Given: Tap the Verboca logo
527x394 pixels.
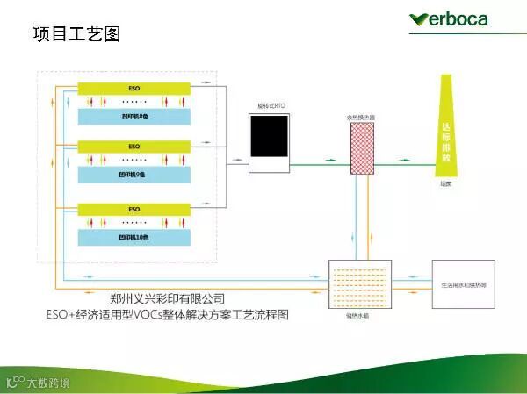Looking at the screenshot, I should tap(450, 18).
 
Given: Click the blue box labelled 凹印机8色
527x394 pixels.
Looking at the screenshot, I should tap(134, 116).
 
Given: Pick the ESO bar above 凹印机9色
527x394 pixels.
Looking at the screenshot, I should tap(134, 146).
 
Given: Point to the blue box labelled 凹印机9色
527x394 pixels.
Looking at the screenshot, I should tap(134, 175).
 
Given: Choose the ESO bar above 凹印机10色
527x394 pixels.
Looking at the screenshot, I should tap(134, 210).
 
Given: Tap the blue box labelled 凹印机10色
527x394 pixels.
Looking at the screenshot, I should tap(134, 237).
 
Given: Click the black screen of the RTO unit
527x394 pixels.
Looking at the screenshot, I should tap(268, 135).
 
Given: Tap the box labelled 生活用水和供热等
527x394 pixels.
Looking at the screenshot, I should tap(463, 284).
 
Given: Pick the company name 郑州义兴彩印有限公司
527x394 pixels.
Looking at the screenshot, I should tap(168, 298).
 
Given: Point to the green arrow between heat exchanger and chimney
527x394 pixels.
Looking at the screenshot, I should tap(406, 162).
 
